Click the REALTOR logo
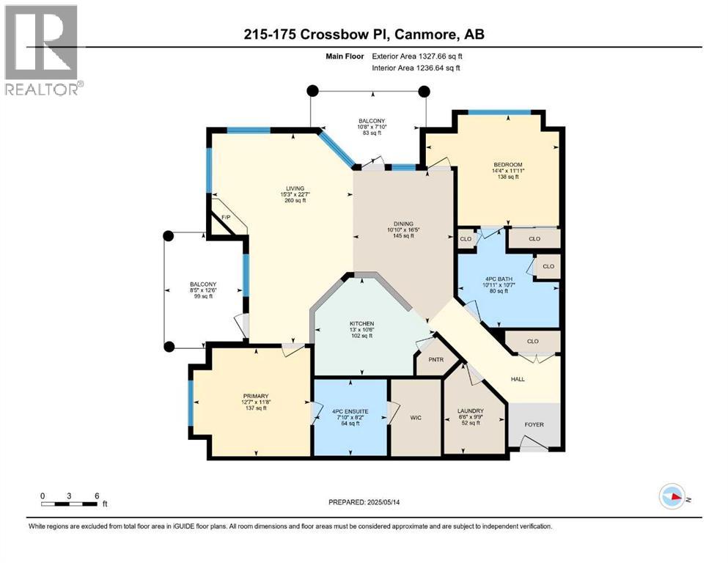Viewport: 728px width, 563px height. tap(43, 50)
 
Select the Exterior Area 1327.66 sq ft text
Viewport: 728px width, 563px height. tap(418, 56)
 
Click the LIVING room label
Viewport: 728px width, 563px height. tap(295, 188)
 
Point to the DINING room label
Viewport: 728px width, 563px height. tap(402, 224)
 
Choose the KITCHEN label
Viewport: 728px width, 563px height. tap(361, 323)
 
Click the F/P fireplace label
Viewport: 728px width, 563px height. tap(226, 218)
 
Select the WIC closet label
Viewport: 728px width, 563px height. tap(415, 417)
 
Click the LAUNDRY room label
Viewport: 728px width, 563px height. tap(470, 411)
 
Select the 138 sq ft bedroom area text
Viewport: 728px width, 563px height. tap(507, 177)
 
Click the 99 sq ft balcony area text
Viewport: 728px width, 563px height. tap(203, 298)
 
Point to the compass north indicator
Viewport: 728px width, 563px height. tap(673, 496)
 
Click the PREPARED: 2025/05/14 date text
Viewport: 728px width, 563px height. tap(366, 502)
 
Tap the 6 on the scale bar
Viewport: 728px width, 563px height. tap(96, 496)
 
